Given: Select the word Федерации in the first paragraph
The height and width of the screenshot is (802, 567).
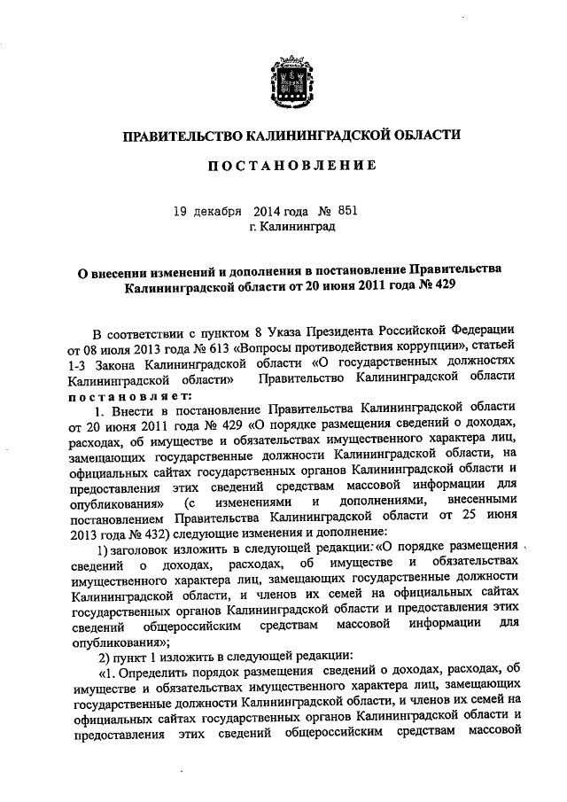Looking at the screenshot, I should (478, 331).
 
